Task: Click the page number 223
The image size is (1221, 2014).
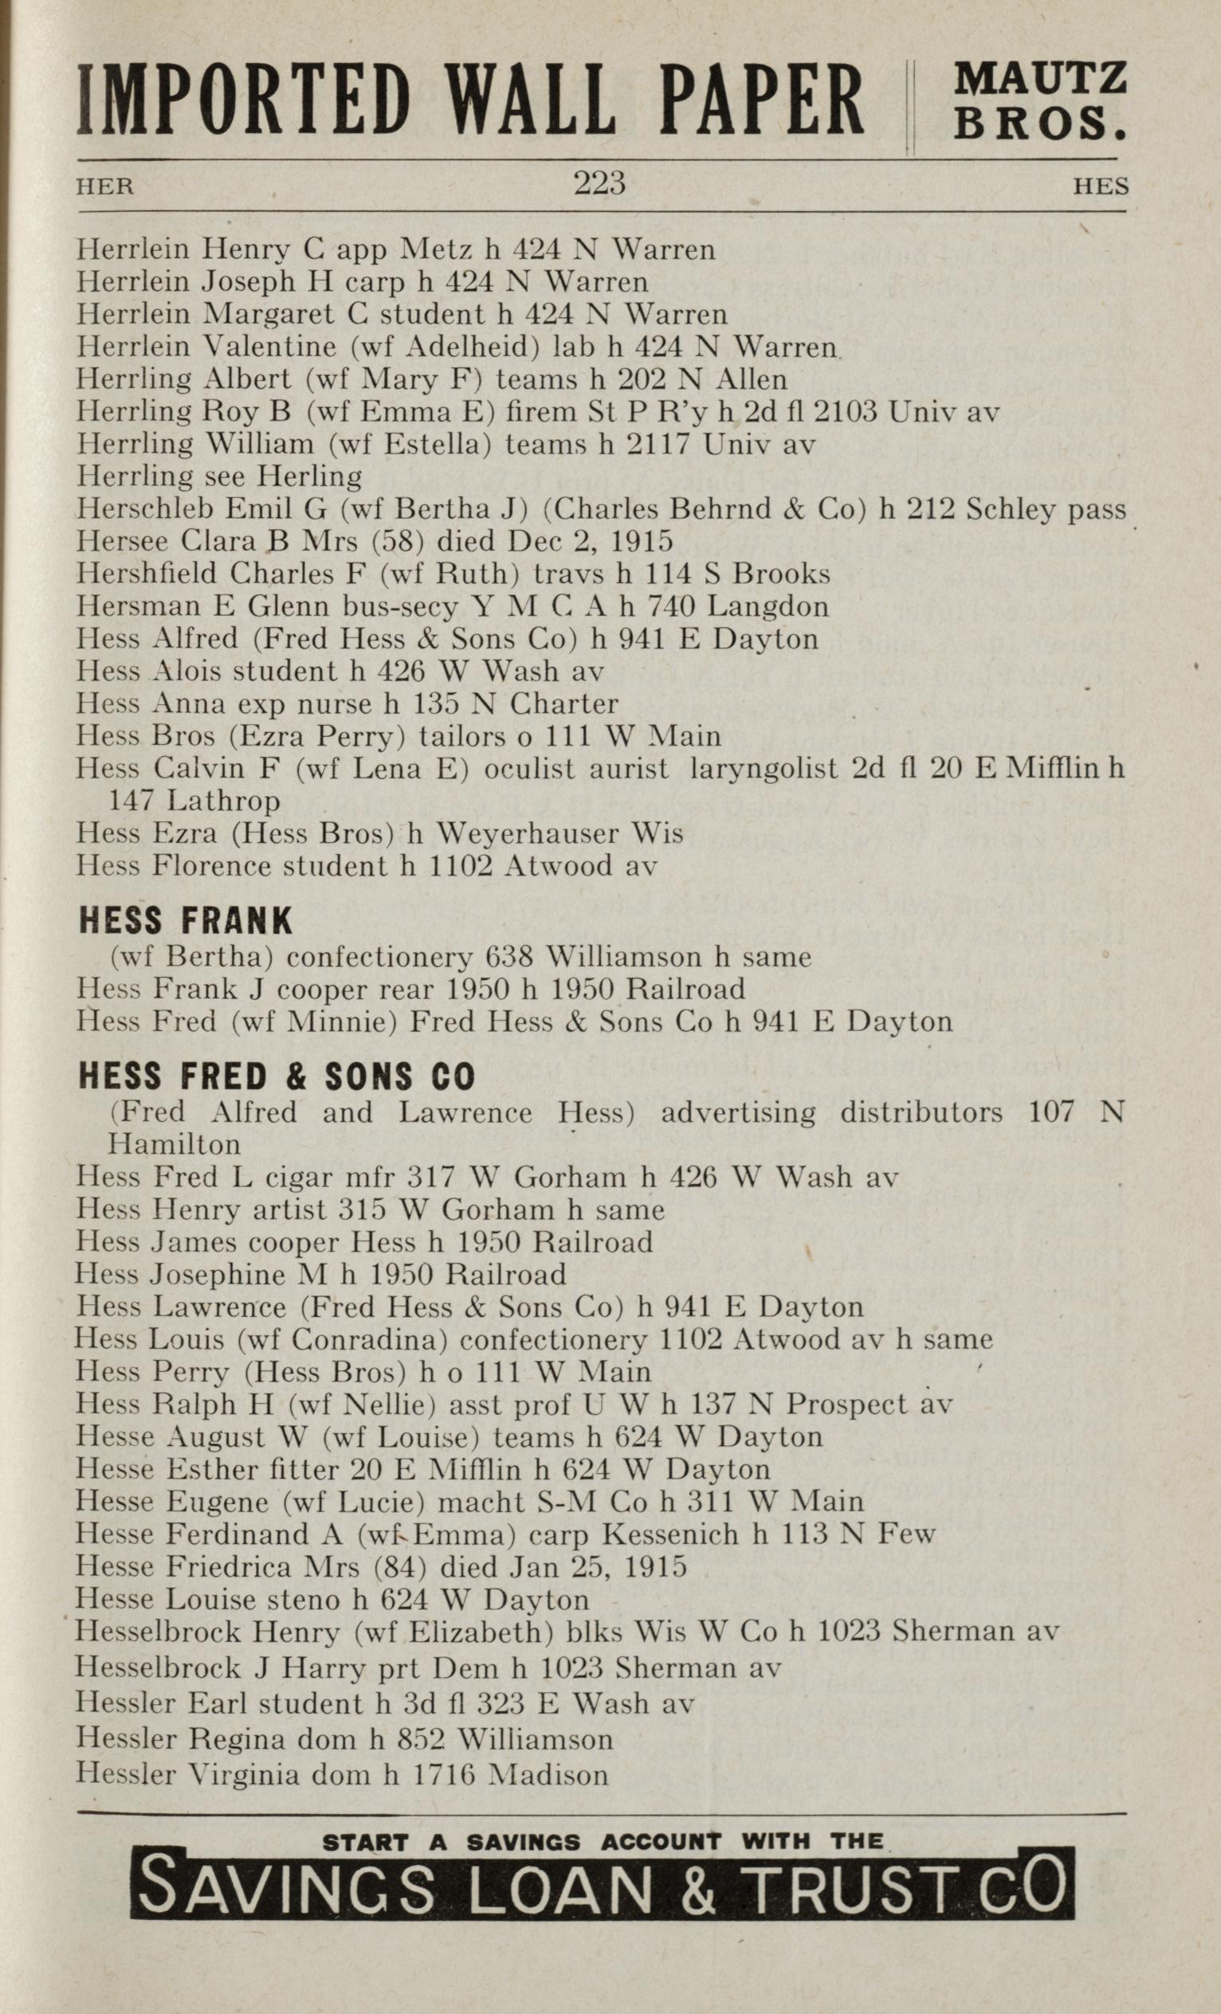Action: point(599,183)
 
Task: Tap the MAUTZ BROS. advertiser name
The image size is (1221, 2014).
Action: point(1040,100)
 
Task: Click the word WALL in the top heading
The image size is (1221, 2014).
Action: point(531,100)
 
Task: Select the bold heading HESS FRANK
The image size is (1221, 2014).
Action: point(185,921)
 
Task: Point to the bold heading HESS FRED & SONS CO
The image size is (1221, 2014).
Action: point(276,1076)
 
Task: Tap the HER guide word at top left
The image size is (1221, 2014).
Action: point(104,186)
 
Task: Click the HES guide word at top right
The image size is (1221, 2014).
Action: point(1101,186)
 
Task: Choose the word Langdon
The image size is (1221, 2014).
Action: point(768,606)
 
